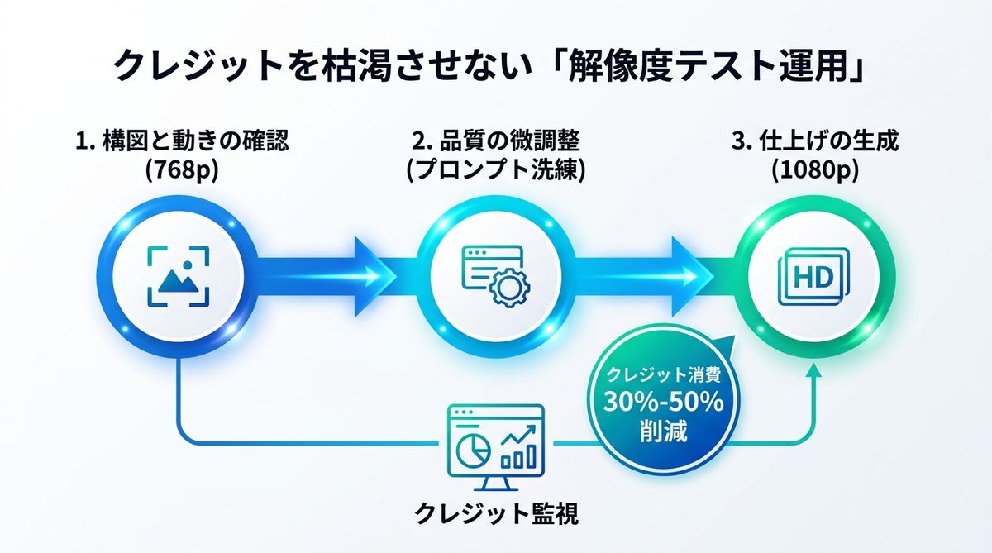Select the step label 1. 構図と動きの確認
tap(182, 141)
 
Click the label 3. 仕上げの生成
tap(815, 141)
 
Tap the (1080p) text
tap(815, 170)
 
